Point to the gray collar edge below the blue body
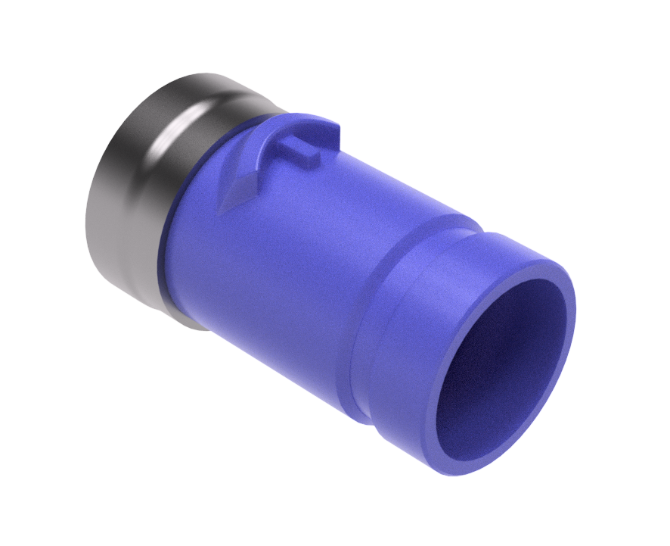pyautogui.click(x=189, y=322)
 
